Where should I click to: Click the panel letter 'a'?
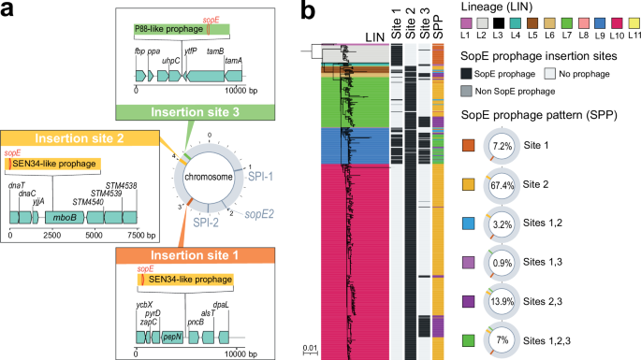8,10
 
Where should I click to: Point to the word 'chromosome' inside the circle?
209,174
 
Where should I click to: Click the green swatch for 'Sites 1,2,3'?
466,334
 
